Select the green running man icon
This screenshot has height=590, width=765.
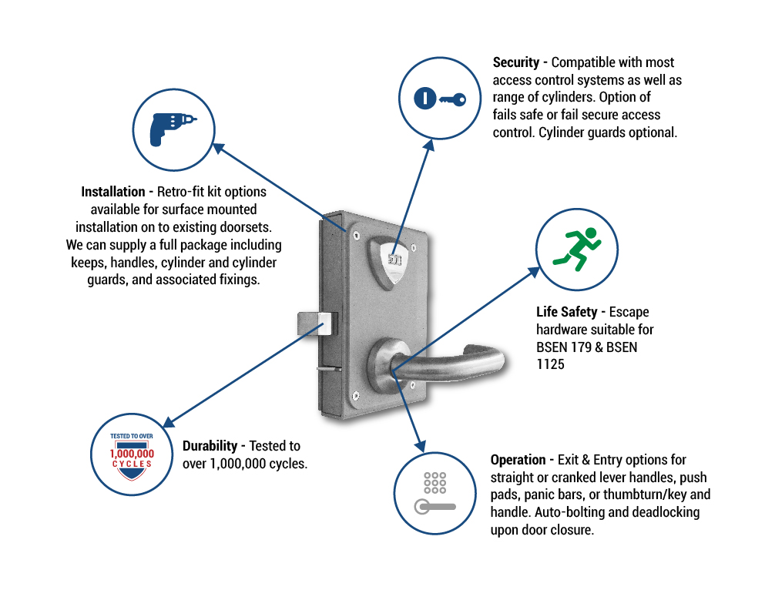tap(577, 249)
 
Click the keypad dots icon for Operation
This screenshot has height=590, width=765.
tap(435, 483)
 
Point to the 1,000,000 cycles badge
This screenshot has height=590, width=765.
tap(132, 455)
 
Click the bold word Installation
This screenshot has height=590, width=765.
tap(113, 192)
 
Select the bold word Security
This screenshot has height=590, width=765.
tap(515, 62)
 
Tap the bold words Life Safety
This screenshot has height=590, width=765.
tap(566, 312)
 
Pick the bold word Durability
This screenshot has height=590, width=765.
tap(210, 446)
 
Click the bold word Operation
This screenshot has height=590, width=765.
tap(518, 460)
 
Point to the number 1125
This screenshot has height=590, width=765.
tap(550, 364)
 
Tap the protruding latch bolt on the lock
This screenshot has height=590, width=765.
tap(317, 323)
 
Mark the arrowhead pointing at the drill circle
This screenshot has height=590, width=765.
tap(219, 148)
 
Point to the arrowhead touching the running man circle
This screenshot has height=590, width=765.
tap(533, 272)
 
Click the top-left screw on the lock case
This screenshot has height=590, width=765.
tap(356, 236)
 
